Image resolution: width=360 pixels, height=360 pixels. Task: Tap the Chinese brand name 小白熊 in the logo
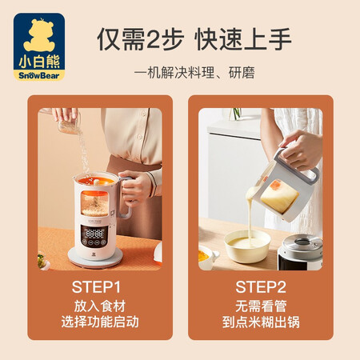(x=38, y=55)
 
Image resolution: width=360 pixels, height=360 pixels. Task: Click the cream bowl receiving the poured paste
(x=247, y=246)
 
